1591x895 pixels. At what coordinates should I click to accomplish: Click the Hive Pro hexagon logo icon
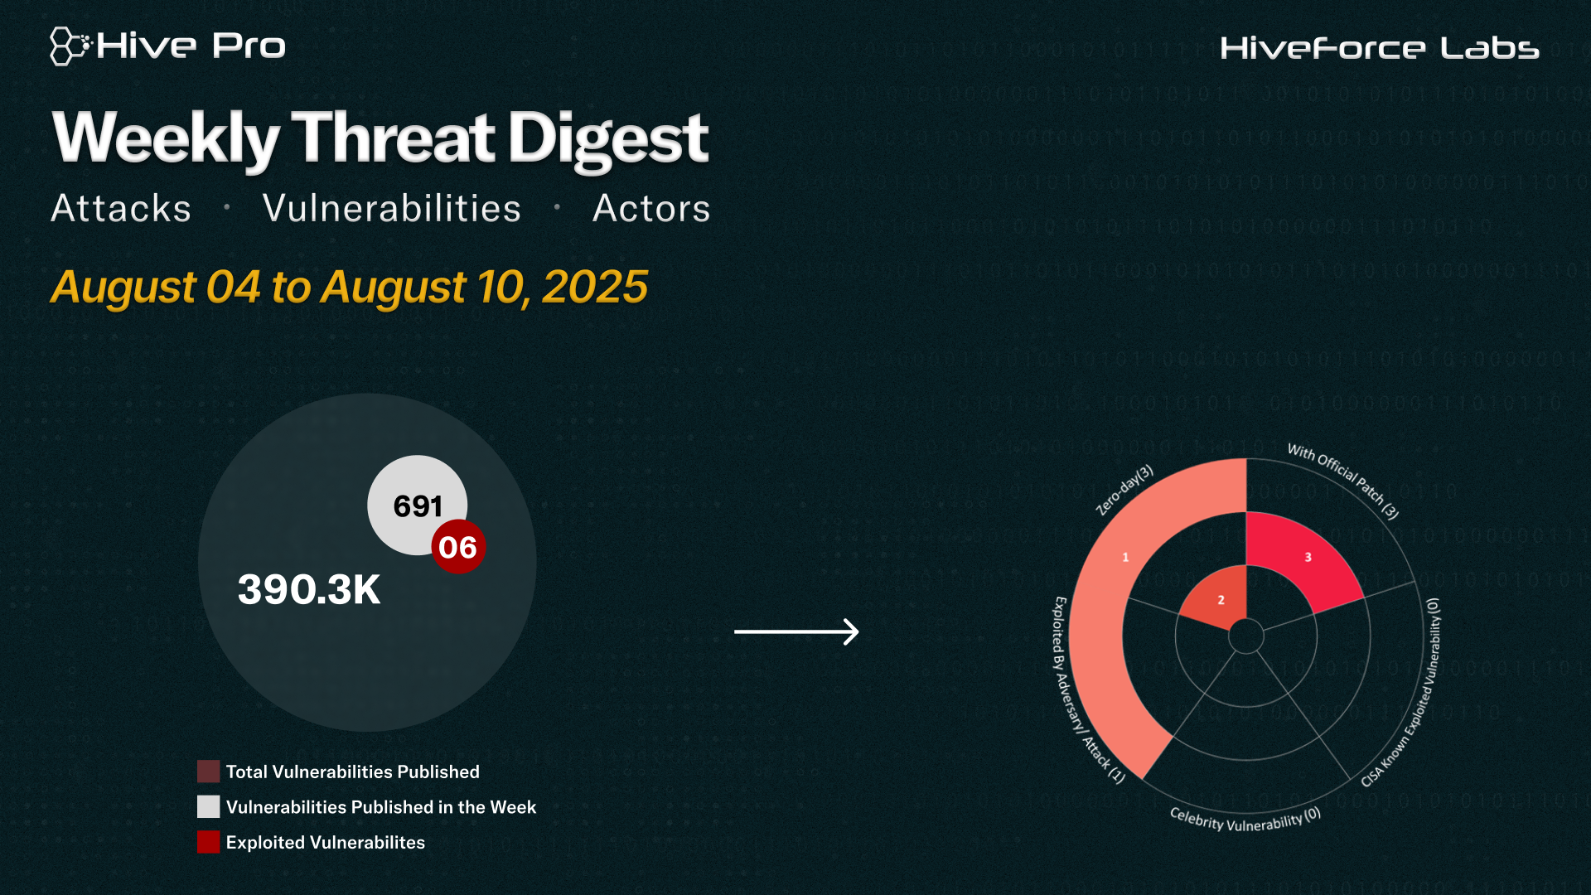pyautogui.click(x=70, y=46)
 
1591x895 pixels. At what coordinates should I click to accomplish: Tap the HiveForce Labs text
pyautogui.click(x=1380, y=48)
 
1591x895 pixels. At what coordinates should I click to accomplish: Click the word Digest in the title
pyautogui.click(x=608, y=139)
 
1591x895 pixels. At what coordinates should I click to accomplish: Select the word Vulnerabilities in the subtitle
pyautogui.click(x=392, y=208)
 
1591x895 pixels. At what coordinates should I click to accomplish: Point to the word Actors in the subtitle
pyautogui.click(x=651, y=208)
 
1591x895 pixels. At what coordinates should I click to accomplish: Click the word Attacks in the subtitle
pyautogui.click(x=121, y=208)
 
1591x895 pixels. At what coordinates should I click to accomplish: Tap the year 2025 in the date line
pyautogui.click(x=595, y=287)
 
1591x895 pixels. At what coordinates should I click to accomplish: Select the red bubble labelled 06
pyautogui.click(x=458, y=547)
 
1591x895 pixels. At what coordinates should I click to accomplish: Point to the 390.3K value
pyautogui.click(x=309, y=590)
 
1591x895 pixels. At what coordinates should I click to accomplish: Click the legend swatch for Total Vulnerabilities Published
pyautogui.click(x=209, y=772)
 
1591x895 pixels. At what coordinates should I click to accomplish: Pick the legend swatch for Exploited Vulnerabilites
pyautogui.click(x=209, y=842)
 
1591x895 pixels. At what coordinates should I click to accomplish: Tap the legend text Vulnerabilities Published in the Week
pyautogui.click(x=381, y=807)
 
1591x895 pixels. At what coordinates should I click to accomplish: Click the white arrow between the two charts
pyautogui.click(x=796, y=631)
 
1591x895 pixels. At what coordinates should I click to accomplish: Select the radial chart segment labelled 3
pyautogui.click(x=1304, y=560)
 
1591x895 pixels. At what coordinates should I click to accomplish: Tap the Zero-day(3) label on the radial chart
pyautogui.click(x=1124, y=491)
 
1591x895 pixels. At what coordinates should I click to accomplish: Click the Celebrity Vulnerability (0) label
pyautogui.click(x=1245, y=820)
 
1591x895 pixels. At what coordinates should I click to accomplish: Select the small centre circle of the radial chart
pyautogui.click(x=1245, y=636)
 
